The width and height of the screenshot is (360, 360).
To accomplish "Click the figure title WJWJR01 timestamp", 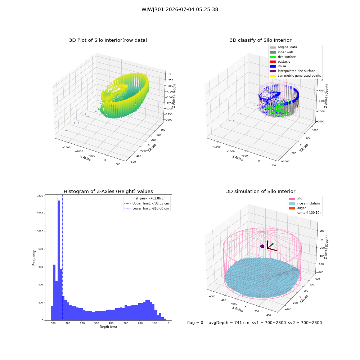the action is coord(180,9).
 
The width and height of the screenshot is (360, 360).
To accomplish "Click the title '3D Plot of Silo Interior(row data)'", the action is coord(108,40).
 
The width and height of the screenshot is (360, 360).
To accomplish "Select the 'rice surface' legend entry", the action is coord(283,57).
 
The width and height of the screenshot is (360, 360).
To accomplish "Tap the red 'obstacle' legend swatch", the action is coord(273,62).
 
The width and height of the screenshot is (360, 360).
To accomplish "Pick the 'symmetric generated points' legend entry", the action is coord(295,76).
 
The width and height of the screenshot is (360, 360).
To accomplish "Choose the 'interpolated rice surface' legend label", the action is coord(296,71).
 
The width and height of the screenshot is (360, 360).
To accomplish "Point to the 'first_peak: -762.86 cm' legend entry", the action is coord(145,198).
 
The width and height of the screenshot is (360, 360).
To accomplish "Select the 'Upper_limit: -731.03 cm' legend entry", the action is coord(147,203).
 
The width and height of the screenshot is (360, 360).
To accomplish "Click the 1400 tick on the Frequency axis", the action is coord(40,195).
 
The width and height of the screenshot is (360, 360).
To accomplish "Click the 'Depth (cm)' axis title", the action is coord(108,327).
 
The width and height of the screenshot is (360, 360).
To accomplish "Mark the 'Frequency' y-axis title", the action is coord(34,258).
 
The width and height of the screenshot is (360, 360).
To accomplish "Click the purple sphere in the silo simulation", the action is coord(262,246).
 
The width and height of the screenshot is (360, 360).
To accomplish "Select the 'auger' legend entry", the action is coord(297,208).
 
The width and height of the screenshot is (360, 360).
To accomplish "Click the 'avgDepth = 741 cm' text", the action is coord(229,323).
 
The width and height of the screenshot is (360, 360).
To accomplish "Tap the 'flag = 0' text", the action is coord(195,323).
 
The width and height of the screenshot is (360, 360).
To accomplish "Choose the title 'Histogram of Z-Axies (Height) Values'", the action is coord(108,192).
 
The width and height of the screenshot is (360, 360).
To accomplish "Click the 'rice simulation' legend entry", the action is coord(304,203).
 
